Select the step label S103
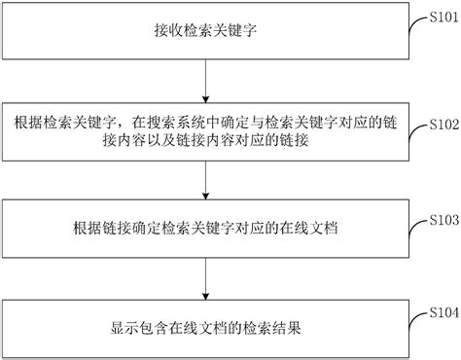[441, 221]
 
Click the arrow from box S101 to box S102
[203, 80]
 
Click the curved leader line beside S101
[412, 25]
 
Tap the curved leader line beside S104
[412, 318]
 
